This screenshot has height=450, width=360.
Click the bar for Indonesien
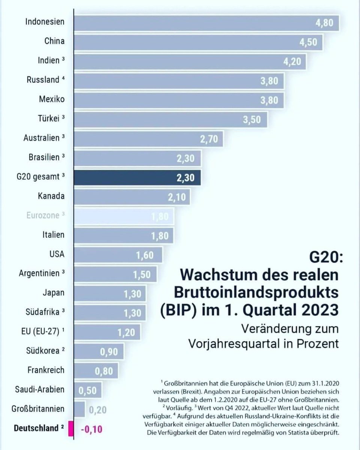coord(206,23)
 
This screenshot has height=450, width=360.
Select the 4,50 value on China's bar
coord(313,42)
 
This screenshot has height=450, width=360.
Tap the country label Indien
coord(48,61)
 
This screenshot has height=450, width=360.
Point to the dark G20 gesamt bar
coord(137,177)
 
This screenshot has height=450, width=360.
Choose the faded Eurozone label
coord(43,215)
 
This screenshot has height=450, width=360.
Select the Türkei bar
coord(171,119)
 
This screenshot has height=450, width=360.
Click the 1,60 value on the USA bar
coord(145,255)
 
